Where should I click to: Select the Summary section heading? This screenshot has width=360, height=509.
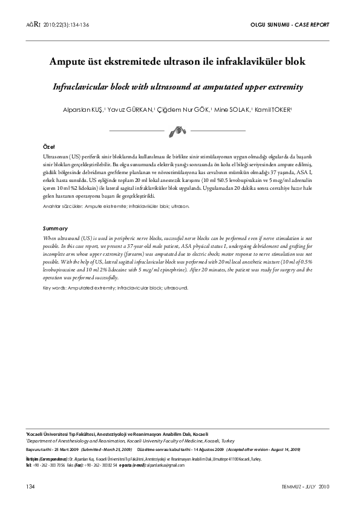pos(55,229)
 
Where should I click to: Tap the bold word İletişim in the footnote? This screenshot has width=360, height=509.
pos(33,459)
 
